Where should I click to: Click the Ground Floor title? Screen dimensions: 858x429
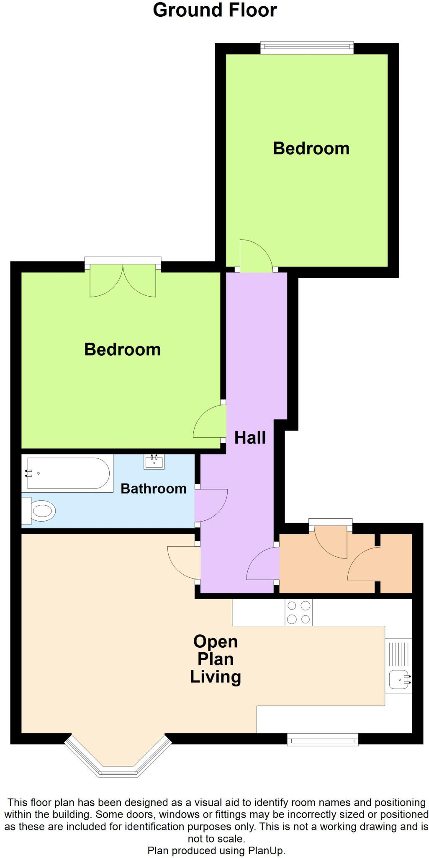[215, 10]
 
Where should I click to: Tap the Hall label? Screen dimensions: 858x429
[250, 437]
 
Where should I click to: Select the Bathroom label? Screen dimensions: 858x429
[153, 488]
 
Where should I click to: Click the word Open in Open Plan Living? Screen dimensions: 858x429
[215, 641]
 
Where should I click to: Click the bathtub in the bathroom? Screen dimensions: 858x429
[68, 473]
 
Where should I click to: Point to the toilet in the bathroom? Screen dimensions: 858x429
[40, 511]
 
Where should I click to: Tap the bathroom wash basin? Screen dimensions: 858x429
[154, 462]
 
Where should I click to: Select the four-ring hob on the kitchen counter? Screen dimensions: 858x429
[298, 612]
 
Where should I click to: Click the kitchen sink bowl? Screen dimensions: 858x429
[398, 679]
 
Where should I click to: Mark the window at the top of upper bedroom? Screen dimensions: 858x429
[307, 47]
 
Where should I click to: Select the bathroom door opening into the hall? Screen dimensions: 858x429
[211, 505]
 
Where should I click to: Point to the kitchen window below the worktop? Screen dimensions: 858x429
[322, 739]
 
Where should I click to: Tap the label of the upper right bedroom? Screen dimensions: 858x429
[311, 148]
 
